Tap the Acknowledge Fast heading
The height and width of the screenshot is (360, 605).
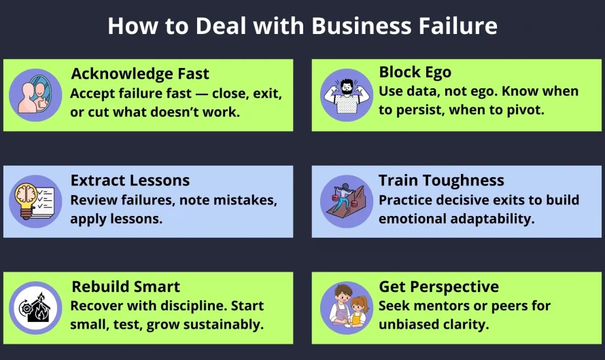tap(140, 73)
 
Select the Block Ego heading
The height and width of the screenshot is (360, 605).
tap(415, 72)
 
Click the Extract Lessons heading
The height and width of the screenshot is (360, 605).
tap(130, 181)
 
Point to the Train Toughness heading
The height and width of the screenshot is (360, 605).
tap(441, 181)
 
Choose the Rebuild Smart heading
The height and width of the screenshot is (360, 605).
tap(126, 287)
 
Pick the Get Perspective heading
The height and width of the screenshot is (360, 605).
tap(438, 287)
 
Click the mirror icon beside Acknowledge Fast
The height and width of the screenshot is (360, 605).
tap(35, 95)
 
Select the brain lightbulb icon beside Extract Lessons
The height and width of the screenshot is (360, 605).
tap(35, 202)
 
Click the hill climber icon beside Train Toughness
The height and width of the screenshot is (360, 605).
tap(346, 202)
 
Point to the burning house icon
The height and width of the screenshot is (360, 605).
tap(35, 308)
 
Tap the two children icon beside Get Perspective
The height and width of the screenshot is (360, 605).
tap(346, 308)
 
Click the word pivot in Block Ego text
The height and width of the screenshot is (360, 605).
tap(525, 109)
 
